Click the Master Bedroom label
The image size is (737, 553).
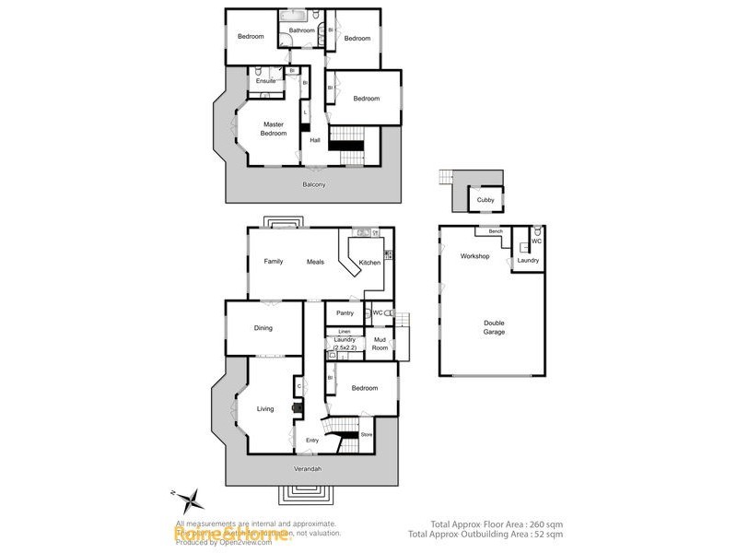274,129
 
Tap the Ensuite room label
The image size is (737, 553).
266,80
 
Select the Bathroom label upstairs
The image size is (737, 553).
302,30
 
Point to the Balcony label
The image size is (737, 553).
314,184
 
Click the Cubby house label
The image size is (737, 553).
485,200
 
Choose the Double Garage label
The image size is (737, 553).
495,327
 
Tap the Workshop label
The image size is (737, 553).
474,255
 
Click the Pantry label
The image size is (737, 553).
345,313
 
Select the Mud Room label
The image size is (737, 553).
380,345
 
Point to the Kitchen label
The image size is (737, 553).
369,263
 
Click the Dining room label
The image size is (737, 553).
264,328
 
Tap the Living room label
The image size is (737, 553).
265,409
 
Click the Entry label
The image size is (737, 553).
312,441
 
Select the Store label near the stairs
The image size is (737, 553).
366,433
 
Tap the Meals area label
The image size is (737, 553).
316,262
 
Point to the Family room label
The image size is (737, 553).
274,262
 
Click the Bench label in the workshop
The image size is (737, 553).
495,231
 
